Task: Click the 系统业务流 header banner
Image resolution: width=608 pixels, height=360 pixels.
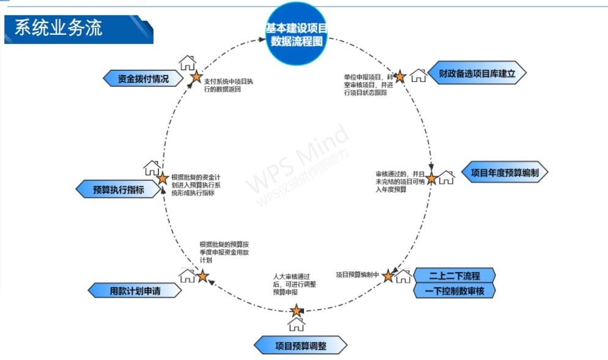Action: [76, 29]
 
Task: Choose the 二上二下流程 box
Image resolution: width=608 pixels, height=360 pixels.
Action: [454, 275]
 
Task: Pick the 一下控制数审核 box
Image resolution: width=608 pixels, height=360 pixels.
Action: [454, 291]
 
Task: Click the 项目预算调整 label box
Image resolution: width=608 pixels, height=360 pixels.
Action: [300, 346]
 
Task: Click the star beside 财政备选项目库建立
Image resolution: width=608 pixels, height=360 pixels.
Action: [399, 76]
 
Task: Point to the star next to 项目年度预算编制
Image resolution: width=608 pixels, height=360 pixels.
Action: [431, 178]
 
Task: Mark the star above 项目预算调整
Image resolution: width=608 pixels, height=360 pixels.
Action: [296, 310]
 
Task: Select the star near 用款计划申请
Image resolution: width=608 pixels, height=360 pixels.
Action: [203, 276]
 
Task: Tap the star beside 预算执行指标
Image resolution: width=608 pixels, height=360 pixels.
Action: [162, 178]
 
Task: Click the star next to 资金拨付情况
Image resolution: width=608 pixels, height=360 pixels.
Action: [196, 76]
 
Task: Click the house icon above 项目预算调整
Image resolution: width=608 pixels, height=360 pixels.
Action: [296, 324]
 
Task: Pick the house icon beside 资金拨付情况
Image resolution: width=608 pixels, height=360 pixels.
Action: [187, 63]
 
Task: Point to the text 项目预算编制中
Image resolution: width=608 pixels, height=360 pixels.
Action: [358, 274]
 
